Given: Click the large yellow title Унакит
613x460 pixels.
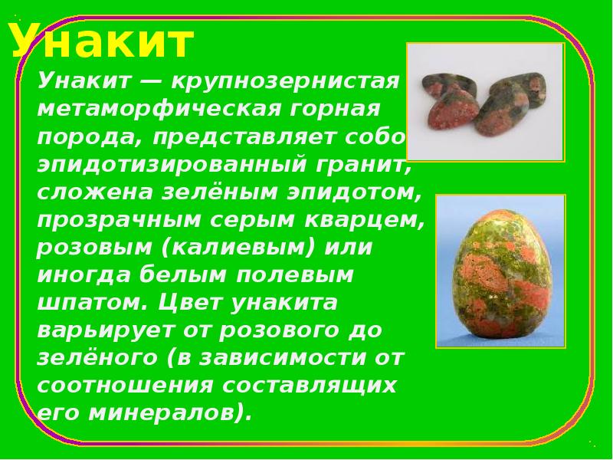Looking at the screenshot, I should (x=102, y=41).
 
